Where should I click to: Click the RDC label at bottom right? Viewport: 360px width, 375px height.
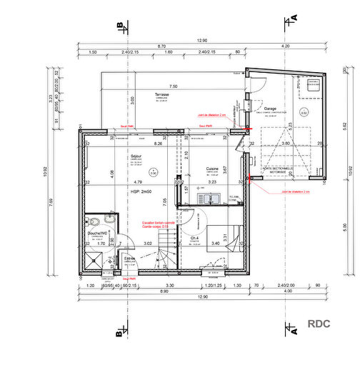click(319, 323)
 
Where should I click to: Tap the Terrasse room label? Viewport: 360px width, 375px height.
click(162, 94)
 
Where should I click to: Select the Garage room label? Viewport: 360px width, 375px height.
click(269, 109)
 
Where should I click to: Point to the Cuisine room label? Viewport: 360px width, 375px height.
click(211, 169)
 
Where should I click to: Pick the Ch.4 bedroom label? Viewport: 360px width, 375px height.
click(194, 239)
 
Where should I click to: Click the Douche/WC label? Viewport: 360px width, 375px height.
click(96, 233)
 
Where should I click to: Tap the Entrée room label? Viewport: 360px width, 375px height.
click(129, 259)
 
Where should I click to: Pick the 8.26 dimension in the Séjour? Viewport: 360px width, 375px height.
click(159, 144)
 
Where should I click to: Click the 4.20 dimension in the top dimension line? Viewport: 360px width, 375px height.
click(286, 46)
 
